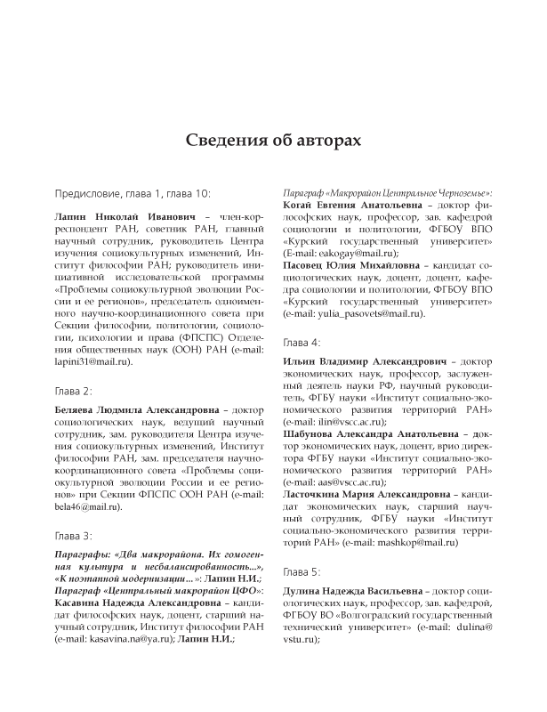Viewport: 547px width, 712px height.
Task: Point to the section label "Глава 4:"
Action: pos(303,342)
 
